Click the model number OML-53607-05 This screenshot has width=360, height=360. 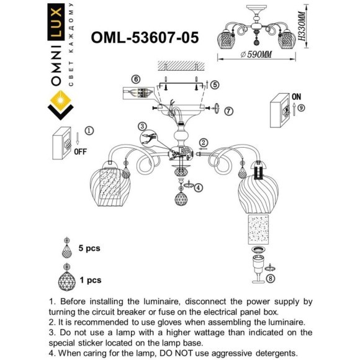coord(145,38)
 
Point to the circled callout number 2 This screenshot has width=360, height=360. coord(202,142)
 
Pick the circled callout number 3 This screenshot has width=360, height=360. coord(142,126)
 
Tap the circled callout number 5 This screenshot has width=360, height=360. coord(215,84)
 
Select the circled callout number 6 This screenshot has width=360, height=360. coord(137,79)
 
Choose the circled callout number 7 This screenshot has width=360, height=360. coord(229,111)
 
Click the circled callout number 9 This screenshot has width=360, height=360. coord(302,107)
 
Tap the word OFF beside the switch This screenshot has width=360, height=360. coord(80,151)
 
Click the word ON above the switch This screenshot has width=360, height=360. coord(295,97)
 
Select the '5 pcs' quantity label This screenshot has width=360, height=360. coord(90,248)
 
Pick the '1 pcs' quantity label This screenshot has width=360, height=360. coord(90,280)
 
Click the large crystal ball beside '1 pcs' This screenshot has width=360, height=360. coord(66,279)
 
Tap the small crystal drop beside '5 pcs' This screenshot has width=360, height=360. coord(66,250)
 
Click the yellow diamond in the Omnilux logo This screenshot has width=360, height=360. coord(61,101)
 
